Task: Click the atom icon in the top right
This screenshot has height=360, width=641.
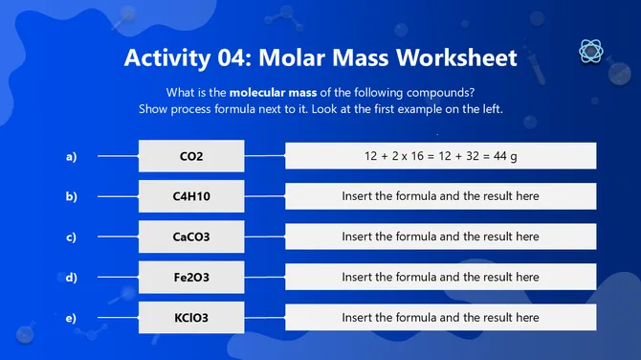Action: pyautogui.click(x=590, y=51)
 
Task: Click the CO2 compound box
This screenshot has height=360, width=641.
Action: pyautogui.click(x=191, y=156)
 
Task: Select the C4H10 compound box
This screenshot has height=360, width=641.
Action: pyautogui.click(x=191, y=196)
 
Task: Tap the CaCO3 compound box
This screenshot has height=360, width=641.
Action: pyautogui.click(x=191, y=236)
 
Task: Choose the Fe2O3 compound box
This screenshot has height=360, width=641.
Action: pyautogui.click(x=191, y=277)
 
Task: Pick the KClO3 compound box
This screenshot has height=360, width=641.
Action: pyautogui.click(x=191, y=317)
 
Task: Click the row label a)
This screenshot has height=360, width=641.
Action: pyautogui.click(x=71, y=156)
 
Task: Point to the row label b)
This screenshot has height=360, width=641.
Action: pyautogui.click(x=71, y=196)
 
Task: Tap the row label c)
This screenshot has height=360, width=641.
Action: pyautogui.click(x=71, y=236)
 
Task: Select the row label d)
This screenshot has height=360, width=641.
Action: pyautogui.click(x=71, y=277)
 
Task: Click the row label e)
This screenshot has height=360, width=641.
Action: pyautogui.click(x=71, y=317)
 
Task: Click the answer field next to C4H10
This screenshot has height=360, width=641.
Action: pyautogui.click(x=440, y=196)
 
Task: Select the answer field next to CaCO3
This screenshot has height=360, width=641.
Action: pyautogui.click(x=440, y=236)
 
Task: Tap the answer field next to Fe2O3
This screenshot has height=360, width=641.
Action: pyautogui.click(x=440, y=277)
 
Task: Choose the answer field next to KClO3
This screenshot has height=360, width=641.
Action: pyautogui.click(x=440, y=317)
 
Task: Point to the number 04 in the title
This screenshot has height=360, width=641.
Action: pyautogui.click(x=225, y=57)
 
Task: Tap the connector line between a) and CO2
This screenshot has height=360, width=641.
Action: pyautogui.click(x=118, y=156)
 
